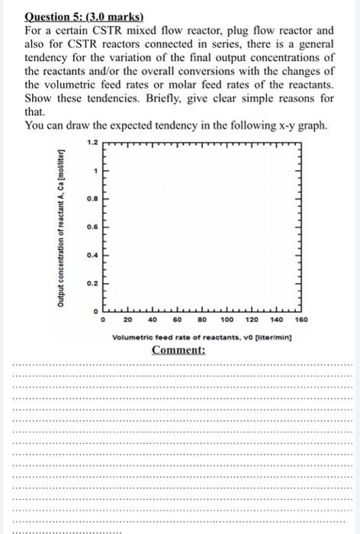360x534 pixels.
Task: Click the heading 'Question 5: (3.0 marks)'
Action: point(74,15)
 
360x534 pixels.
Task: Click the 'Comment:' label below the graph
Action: point(178,350)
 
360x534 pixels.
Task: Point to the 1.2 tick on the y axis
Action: point(93,143)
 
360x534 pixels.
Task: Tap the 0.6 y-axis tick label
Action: point(92,227)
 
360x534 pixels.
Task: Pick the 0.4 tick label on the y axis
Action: point(92,255)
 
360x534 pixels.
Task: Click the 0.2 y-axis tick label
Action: point(92,282)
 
